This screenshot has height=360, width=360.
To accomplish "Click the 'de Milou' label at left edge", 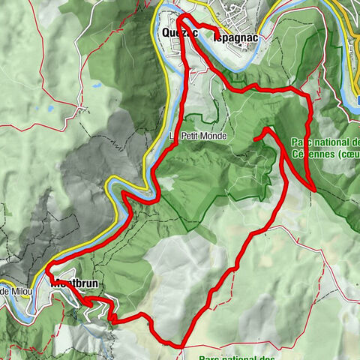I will (x=13, y=291).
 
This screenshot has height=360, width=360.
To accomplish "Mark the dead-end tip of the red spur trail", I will (x=256, y=139).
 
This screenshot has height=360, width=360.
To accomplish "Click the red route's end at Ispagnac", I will (x=218, y=33).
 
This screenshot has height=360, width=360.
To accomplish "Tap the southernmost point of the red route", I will (x=180, y=346).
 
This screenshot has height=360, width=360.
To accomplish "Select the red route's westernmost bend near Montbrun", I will (x=46, y=268).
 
